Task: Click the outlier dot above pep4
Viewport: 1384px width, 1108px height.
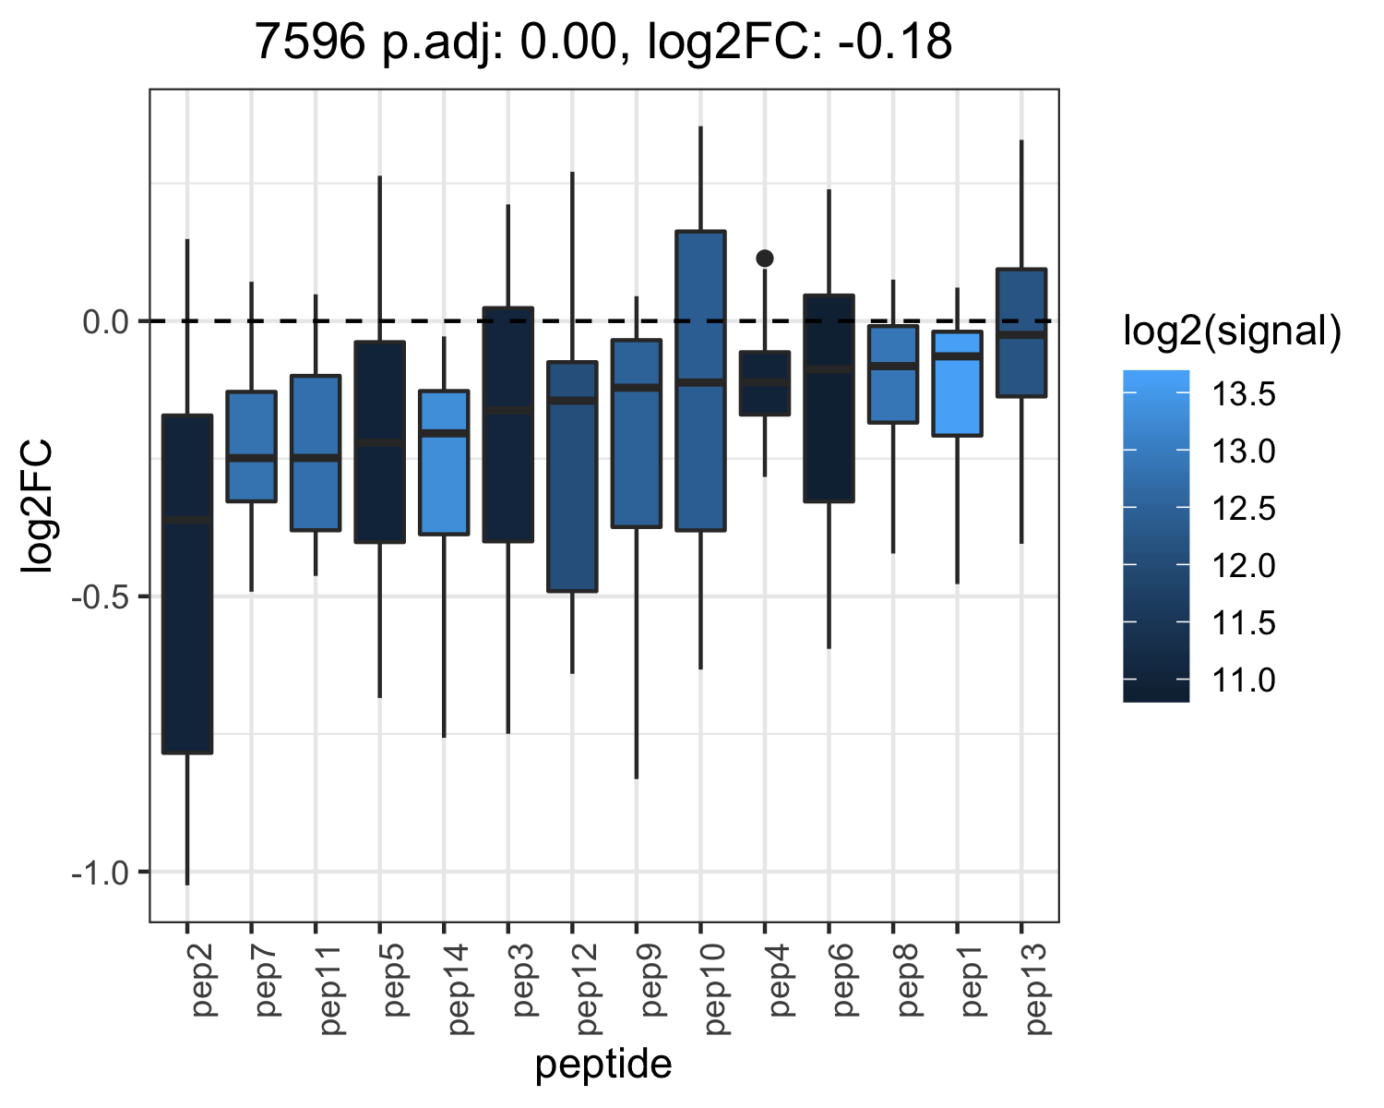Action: point(765,259)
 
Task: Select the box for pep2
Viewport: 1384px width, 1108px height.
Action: point(187,584)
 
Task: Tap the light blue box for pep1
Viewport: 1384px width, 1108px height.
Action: point(957,384)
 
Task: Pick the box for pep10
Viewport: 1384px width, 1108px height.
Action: point(700,380)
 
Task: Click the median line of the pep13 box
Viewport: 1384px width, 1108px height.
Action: point(1021,334)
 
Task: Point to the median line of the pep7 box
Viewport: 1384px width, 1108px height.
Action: point(252,458)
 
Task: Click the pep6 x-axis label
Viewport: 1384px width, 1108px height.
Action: point(844,980)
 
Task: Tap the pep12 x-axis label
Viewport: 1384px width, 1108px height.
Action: point(588,990)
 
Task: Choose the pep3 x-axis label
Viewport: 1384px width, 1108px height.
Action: point(523,980)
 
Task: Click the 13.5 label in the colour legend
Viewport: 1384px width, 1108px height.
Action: point(1244,394)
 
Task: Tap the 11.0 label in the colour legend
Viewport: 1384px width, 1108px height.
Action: point(1244,680)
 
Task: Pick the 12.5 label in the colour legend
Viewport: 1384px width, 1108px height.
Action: point(1244,509)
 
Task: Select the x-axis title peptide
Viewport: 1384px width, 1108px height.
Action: point(603,1066)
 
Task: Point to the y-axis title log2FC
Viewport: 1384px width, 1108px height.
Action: point(37,505)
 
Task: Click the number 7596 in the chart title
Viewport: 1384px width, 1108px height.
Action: point(311,42)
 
